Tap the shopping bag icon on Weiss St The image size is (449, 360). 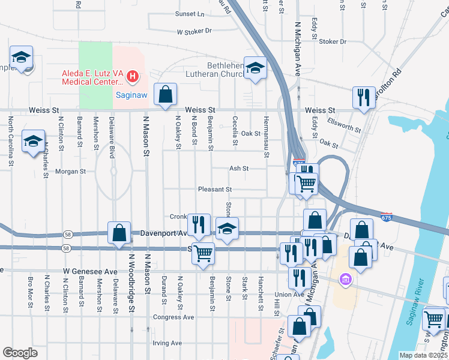pyautogui.click(x=165, y=94)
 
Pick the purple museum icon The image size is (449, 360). pyautogui.click(x=345, y=279)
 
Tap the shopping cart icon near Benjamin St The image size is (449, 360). pyautogui.click(x=203, y=253)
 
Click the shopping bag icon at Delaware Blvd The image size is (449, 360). pyautogui.click(x=119, y=233)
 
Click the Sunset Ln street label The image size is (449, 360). pyautogui.click(x=189, y=14)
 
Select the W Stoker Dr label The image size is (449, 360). pyautogui.click(x=194, y=31)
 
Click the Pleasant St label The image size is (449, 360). pyautogui.click(x=215, y=189)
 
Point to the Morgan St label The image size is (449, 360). pyautogui.click(x=71, y=171)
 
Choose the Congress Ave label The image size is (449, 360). pyautogui.click(x=173, y=317)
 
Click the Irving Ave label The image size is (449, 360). pyautogui.click(x=167, y=343)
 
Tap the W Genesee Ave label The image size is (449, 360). pyautogui.click(x=91, y=272)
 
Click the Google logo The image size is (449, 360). pyautogui.click(x=20, y=353)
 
